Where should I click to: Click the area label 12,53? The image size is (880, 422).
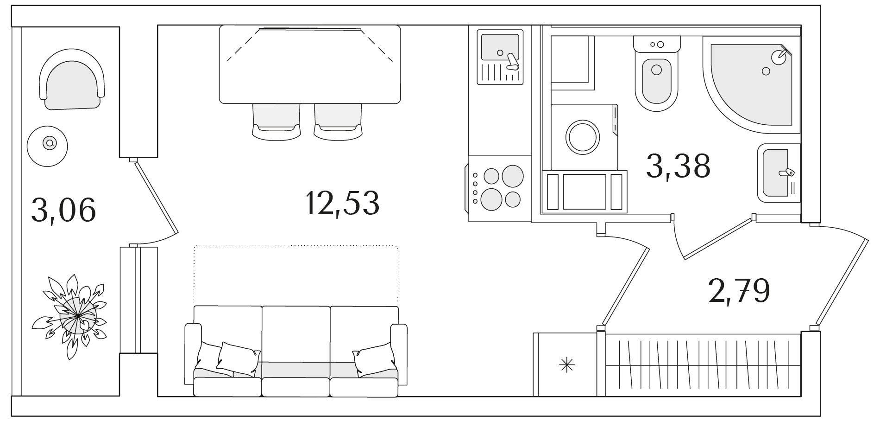(342, 203)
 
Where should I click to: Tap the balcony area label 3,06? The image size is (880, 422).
(63, 210)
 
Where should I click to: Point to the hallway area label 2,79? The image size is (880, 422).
(739, 291)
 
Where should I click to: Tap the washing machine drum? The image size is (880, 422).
(583, 137)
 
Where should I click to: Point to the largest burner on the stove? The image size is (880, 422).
(512, 176)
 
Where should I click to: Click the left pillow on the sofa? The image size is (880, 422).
(236, 359)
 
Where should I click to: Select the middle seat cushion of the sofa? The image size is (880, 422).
(295, 387)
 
